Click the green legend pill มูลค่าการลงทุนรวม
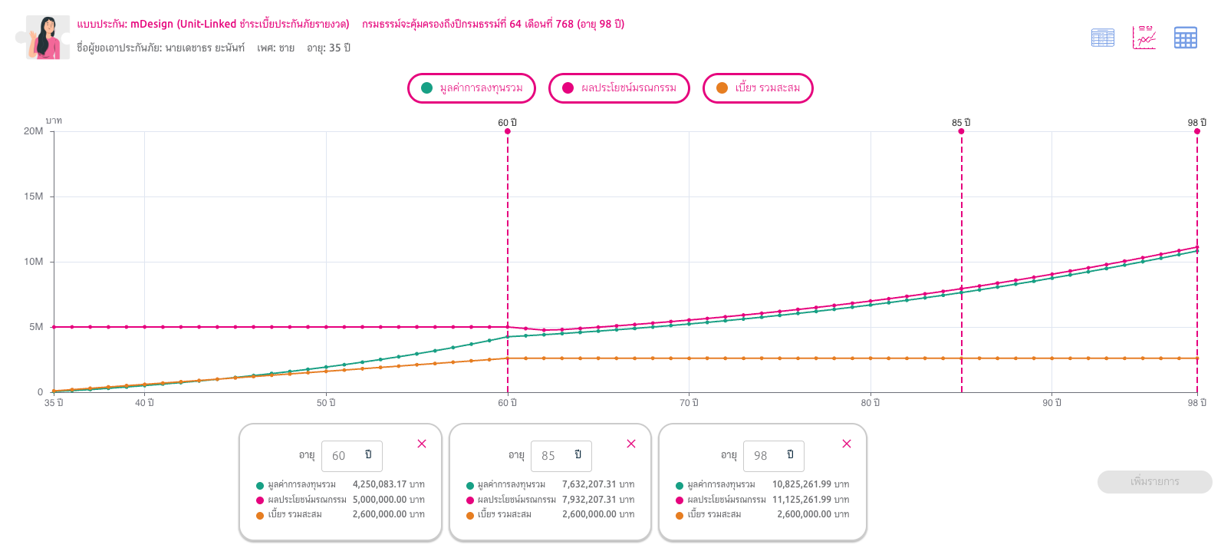click(472, 87)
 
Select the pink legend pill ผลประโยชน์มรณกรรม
click(619, 87)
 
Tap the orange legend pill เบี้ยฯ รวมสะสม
click(759, 87)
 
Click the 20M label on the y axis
click(33, 131)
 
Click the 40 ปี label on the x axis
click(144, 402)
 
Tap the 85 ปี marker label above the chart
click(961, 123)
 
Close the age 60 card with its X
click(422, 444)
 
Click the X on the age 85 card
click(631, 444)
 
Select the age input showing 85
click(561, 455)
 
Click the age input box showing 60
click(351, 455)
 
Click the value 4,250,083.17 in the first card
click(380, 484)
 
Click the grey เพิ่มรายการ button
click(1154, 482)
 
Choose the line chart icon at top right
click(1144, 37)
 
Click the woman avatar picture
click(48, 37)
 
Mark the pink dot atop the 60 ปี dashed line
click(508, 131)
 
